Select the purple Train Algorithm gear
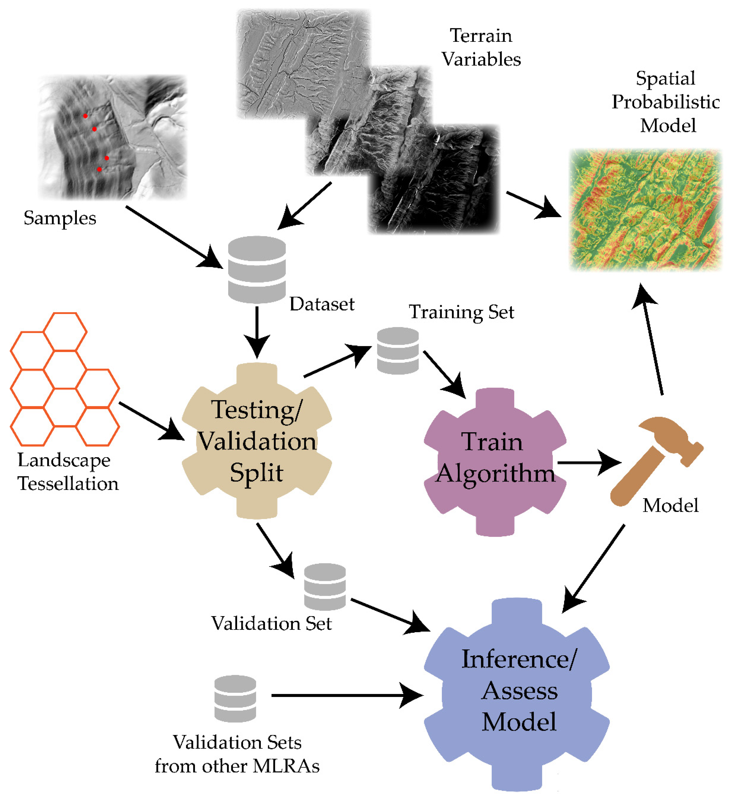[495, 462]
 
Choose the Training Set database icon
[398, 351]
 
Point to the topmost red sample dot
[85, 116]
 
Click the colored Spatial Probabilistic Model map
[646, 210]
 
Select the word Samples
[60, 218]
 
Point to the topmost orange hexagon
[65, 331]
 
